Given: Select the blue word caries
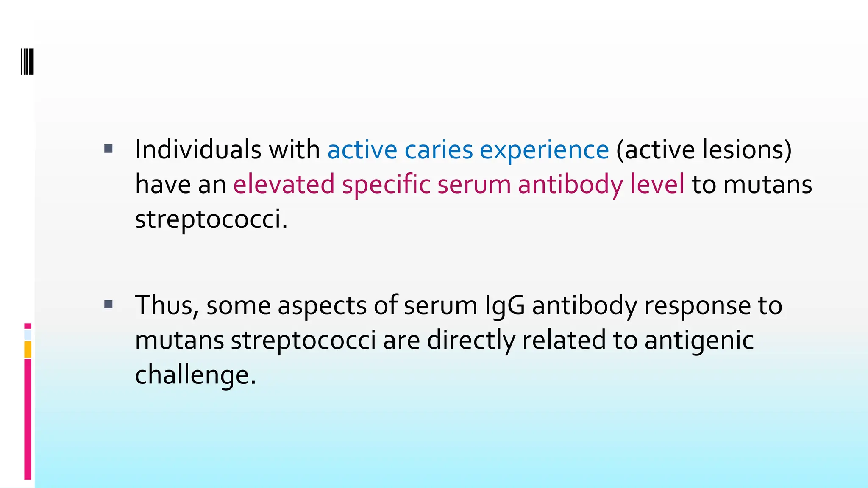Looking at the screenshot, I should click(x=438, y=150).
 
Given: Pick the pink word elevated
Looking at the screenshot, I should click(x=284, y=184).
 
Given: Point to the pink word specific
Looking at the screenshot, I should click(x=386, y=185).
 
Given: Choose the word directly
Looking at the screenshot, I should click(x=471, y=340).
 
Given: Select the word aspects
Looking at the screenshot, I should click(x=322, y=306).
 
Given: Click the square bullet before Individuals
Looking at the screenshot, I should click(x=108, y=148).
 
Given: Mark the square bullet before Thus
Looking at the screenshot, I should click(x=108, y=304).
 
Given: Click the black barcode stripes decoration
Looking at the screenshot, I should click(x=27, y=61).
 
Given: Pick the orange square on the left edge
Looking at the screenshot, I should click(x=28, y=349).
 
